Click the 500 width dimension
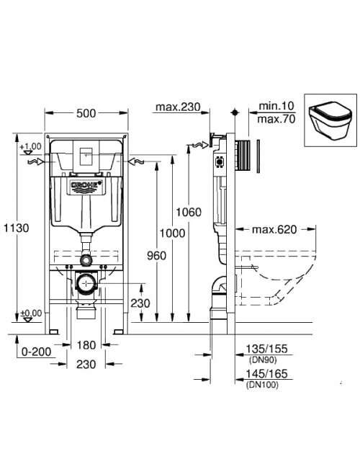click(x=86, y=113)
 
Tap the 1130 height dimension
click(x=17, y=228)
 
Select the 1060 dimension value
click(x=189, y=212)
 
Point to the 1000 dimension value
click(x=172, y=233)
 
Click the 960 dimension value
click(x=156, y=256)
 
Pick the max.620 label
click(x=274, y=230)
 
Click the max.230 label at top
click(x=178, y=107)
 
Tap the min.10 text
click(x=276, y=106)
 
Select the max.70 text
click(x=276, y=119)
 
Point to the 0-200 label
click(x=36, y=351)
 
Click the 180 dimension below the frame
click(x=86, y=345)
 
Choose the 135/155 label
click(x=267, y=349)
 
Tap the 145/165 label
click(x=267, y=374)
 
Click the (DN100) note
click(x=262, y=385)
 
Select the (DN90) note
click(x=263, y=360)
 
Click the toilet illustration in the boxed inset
click(x=330, y=120)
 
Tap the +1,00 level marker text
click(x=30, y=146)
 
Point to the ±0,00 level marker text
click(x=31, y=313)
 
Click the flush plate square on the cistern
click(x=86, y=156)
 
